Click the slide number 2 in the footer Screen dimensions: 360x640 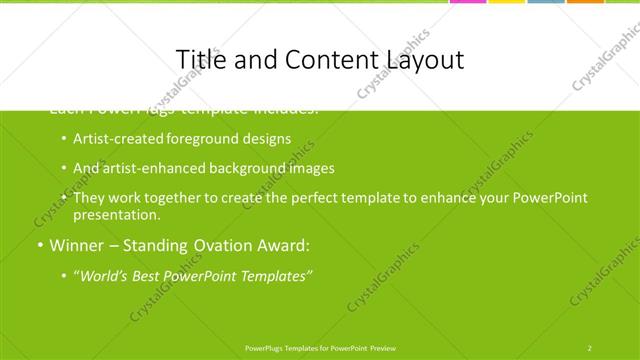[x=590, y=347]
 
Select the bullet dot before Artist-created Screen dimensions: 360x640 [x=64, y=140]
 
